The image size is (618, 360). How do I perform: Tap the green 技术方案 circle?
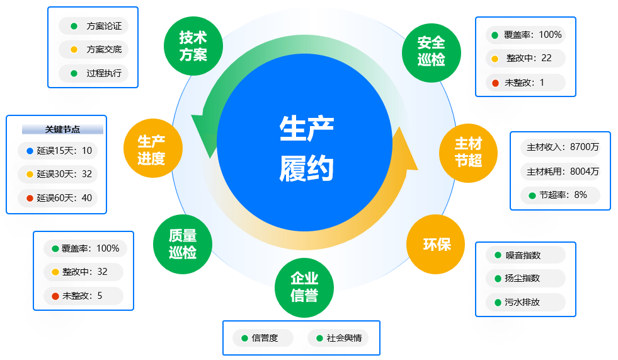(193, 45)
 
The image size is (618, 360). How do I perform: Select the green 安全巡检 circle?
(431, 51)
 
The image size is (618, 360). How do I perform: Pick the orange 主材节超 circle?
(468, 153)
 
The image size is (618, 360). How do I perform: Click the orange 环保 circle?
(436, 244)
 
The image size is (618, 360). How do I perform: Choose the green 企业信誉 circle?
(304, 287)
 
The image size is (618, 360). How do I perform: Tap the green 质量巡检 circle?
(183, 244)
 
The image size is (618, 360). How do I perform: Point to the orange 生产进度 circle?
(151, 149)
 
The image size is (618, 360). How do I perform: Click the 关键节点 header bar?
(62, 129)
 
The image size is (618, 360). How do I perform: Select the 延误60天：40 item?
(58, 198)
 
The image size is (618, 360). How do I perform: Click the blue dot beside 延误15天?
(30, 151)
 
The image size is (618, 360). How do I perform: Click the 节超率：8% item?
(560, 195)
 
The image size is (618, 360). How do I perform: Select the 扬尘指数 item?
(525, 279)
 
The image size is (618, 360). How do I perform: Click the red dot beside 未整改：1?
(495, 83)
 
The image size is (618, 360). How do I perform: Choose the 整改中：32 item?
(83, 272)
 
